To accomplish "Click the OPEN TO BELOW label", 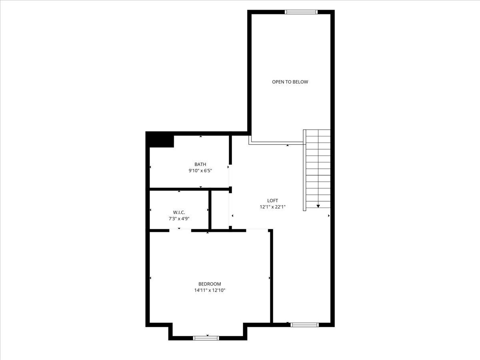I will click(x=290, y=82).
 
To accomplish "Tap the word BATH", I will click(x=200, y=164).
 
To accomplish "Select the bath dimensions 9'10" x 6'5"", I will click(x=200, y=170).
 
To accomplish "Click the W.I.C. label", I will click(x=179, y=212).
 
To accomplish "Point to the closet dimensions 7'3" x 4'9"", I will click(x=179, y=218).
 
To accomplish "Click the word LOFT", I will click(x=272, y=201).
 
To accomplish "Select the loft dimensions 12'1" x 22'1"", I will click(x=272, y=207).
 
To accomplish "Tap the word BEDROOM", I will click(x=210, y=284).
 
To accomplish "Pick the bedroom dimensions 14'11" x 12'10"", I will click(x=210, y=290).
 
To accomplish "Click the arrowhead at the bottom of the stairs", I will click(x=318, y=206).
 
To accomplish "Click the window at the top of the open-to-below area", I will click(x=301, y=12).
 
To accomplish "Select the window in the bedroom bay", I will click(x=206, y=338).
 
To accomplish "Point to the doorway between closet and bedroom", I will click(x=180, y=230).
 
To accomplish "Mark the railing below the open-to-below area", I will click(x=276, y=143).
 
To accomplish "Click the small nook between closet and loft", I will click(x=220, y=210).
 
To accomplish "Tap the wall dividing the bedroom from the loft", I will click(x=272, y=276).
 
